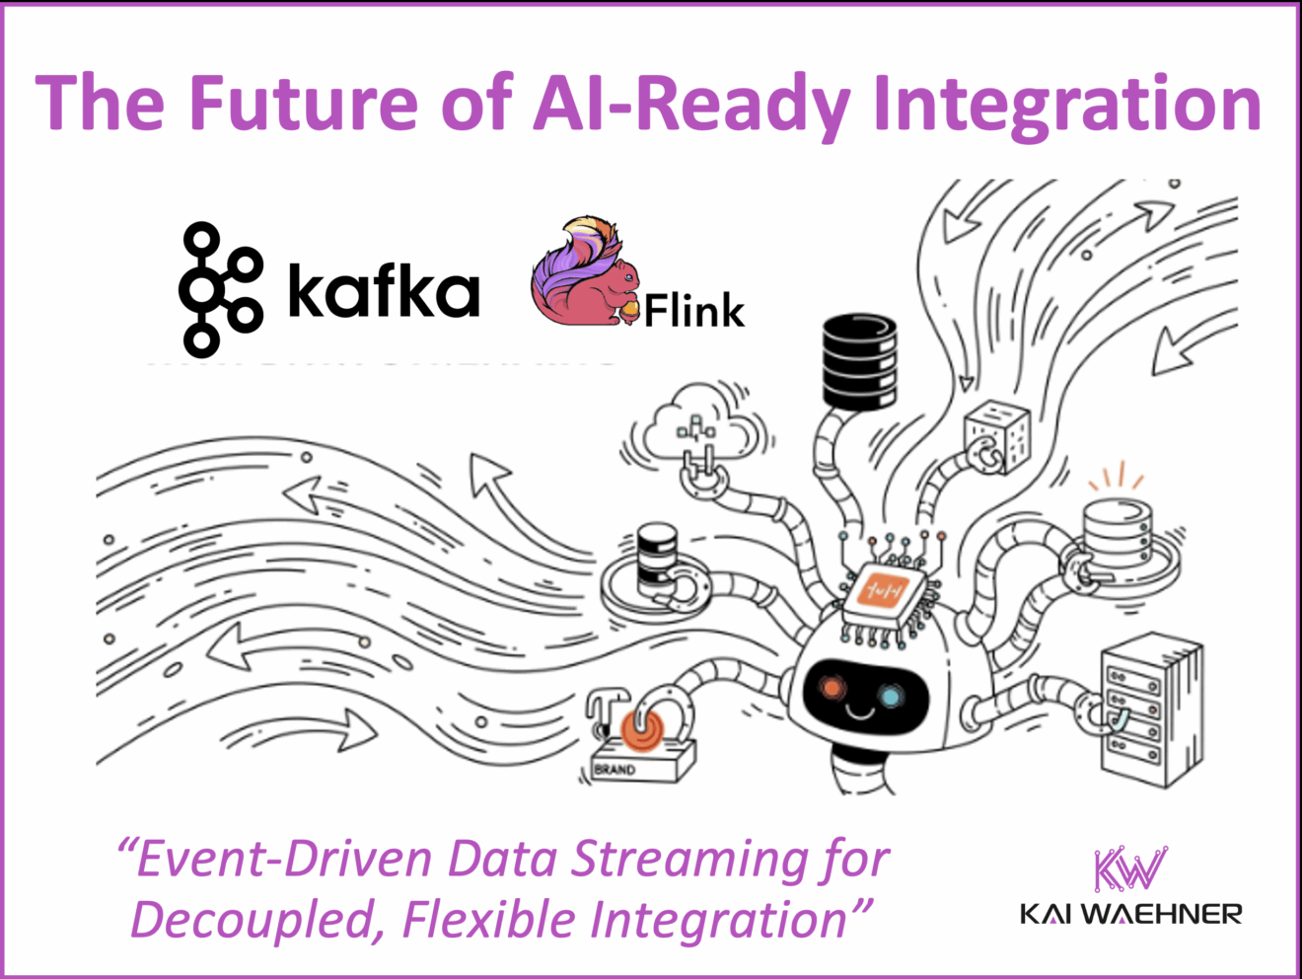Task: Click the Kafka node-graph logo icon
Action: [x=219, y=288]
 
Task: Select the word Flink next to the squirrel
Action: [x=694, y=311]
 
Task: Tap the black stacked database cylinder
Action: [x=858, y=360]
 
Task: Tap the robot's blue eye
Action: [x=891, y=697]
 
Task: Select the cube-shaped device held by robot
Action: [x=996, y=435]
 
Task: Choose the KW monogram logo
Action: [x=1129, y=869]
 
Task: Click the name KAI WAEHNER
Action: [x=1130, y=914]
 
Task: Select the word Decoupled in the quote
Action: [x=256, y=920]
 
